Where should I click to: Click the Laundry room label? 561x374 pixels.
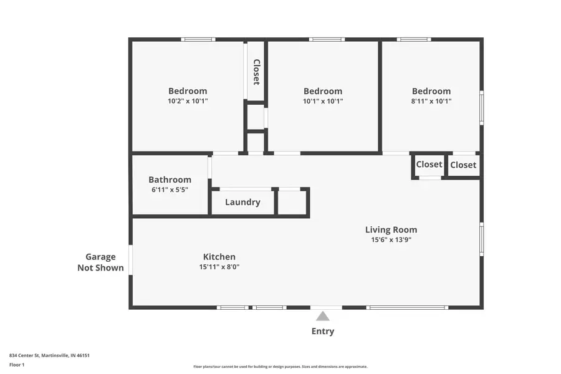242,202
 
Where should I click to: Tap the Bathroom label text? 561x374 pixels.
170,180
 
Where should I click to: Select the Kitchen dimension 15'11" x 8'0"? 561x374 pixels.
219,267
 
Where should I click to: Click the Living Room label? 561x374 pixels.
391,229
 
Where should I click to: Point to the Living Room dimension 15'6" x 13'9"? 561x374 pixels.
391,239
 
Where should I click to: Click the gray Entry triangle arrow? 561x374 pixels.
322,316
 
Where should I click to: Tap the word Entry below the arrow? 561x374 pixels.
322,331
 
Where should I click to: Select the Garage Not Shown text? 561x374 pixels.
100,262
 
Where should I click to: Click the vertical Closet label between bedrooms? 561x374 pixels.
256,72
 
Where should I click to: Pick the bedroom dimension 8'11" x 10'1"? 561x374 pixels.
431,101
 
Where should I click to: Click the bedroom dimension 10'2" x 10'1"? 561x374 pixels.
188,101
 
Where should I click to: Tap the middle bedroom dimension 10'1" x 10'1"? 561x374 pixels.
322,101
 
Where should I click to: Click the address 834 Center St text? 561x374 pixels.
49,355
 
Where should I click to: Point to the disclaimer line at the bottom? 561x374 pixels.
280,367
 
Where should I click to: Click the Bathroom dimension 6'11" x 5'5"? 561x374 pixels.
170,189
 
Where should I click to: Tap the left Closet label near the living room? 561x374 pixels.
429,165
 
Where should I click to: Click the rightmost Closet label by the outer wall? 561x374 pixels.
463,165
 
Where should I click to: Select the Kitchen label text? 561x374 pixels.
219,257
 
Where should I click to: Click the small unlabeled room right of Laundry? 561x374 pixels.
292,202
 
